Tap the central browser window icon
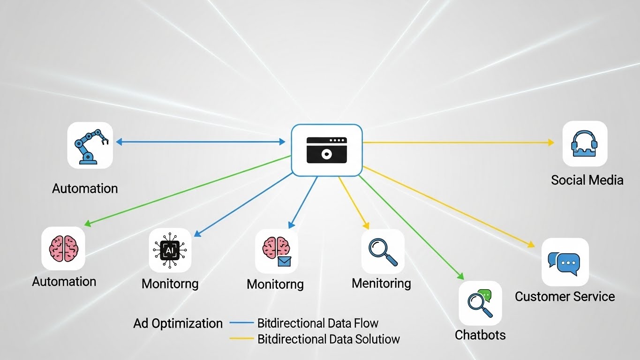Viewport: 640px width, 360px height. pyautogui.click(x=327, y=150)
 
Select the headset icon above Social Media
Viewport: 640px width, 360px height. pyautogui.click(x=585, y=144)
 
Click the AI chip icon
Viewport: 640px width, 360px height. pyautogui.click(x=170, y=250)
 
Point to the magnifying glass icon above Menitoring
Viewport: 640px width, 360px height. pyautogui.click(x=383, y=252)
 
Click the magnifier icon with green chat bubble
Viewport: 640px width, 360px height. pyautogui.click(x=480, y=303)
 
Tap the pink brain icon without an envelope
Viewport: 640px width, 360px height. pyautogui.click(x=63, y=248)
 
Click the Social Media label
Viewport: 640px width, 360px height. pyautogui.click(x=587, y=180)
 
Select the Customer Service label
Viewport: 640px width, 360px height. pyautogui.click(x=565, y=296)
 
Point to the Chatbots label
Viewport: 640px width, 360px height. pyautogui.click(x=480, y=335)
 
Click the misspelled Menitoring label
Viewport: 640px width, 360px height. pyautogui.click(x=381, y=283)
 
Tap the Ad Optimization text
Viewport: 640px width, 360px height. pyautogui.click(x=178, y=323)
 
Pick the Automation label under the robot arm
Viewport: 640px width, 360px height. pyautogui.click(x=85, y=188)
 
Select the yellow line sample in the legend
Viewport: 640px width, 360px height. pyautogui.click(x=241, y=338)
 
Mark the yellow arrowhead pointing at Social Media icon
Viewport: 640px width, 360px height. pyautogui.click(x=551, y=142)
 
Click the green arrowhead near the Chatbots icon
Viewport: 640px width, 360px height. pyautogui.click(x=460, y=277)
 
